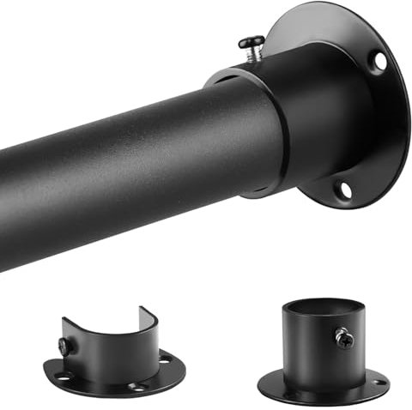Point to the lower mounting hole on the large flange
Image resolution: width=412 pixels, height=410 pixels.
click(x=343, y=190)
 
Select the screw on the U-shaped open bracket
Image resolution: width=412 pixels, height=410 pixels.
click(x=64, y=346)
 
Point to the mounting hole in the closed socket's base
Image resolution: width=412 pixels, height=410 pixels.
click(x=377, y=381)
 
